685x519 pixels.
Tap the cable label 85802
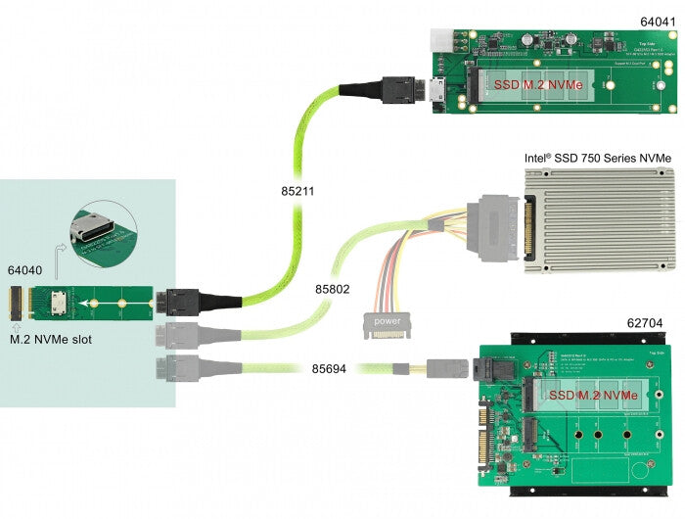(x=332, y=290)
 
